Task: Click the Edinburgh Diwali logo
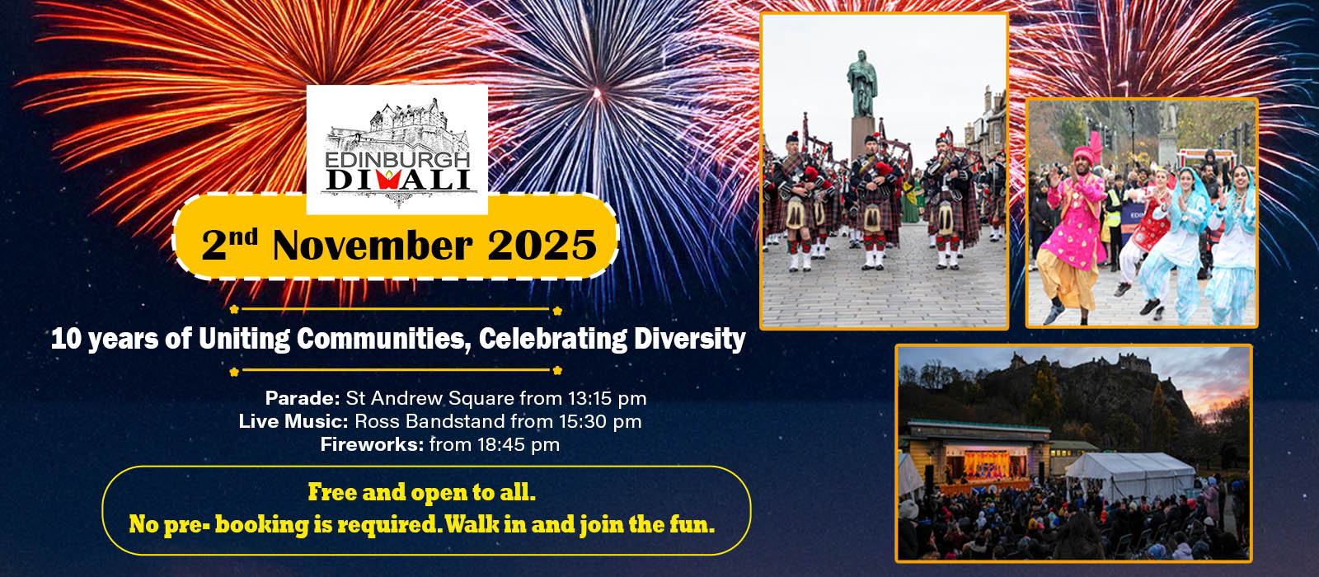(x=397, y=149)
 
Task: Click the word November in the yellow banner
(x=373, y=245)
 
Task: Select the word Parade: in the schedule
(x=303, y=399)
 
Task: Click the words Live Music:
(x=293, y=421)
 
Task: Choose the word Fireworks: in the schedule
(x=372, y=444)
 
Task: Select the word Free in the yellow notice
(x=332, y=492)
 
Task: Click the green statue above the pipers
(x=862, y=83)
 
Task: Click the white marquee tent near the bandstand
(x=1129, y=475)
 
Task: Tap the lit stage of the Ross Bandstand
(x=986, y=465)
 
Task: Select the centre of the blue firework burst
(x=597, y=92)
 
